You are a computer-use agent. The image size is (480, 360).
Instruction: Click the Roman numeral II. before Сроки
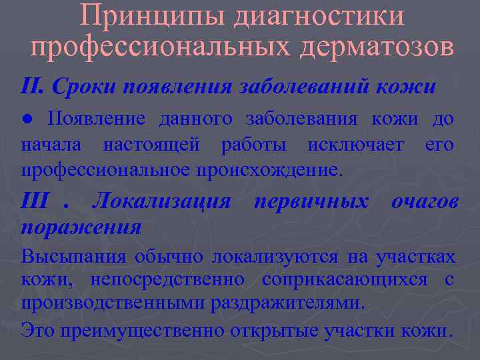(33, 86)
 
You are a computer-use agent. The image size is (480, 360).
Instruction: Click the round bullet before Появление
(26, 119)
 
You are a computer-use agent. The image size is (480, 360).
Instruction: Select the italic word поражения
(81, 227)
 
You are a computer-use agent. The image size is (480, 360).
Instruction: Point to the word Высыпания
(73, 257)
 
